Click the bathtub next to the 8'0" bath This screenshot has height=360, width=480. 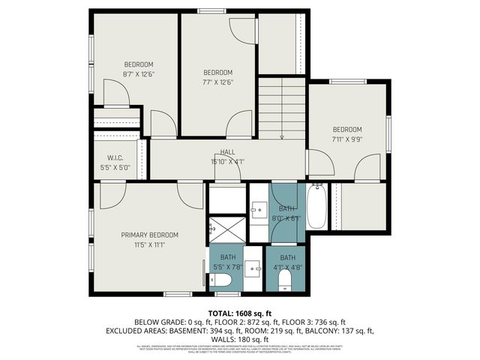(x=316, y=206)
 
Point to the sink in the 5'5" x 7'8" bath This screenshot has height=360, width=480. (x=253, y=266)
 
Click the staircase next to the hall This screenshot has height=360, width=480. (x=282, y=108)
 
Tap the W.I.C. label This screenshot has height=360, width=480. (x=115, y=157)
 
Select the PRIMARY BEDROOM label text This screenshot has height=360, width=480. (x=148, y=235)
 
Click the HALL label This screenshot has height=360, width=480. (x=227, y=152)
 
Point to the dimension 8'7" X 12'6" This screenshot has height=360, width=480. (x=139, y=74)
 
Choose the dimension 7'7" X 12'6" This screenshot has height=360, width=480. (x=218, y=82)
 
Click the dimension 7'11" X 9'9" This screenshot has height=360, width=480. (x=347, y=139)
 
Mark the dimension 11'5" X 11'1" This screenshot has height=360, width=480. (x=148, y=244)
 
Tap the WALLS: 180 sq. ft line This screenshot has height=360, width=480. (x=239, y=338)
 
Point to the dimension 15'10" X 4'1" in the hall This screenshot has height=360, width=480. (x=227, y=161)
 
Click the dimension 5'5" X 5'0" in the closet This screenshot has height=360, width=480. (x=115, y=167)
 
